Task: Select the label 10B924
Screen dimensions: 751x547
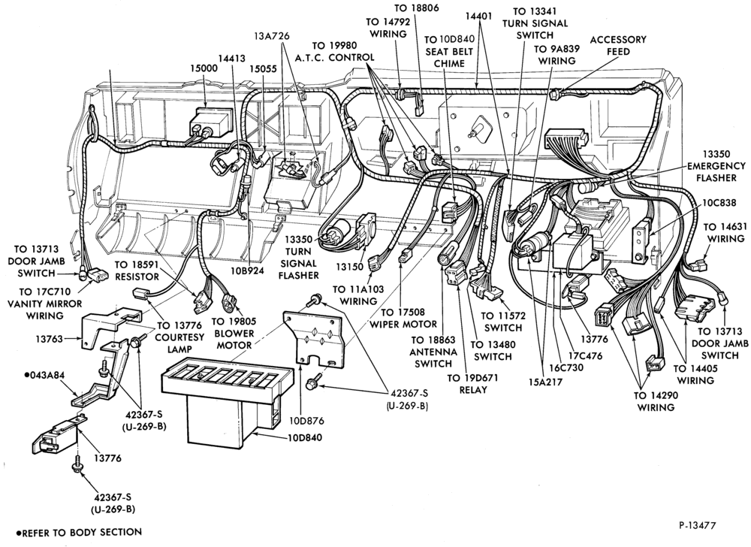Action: pos(249,270)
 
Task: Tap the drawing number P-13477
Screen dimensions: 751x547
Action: pos(698,525)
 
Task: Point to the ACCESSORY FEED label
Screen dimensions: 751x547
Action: pos(618,46)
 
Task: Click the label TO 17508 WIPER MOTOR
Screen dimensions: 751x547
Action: pos(403,318)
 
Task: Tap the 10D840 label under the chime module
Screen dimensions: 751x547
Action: pos(305,438)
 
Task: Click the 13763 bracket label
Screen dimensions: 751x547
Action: pos(49,340)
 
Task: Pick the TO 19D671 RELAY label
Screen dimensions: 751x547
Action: pos(472,384)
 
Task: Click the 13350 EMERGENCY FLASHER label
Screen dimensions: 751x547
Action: pos(716,166)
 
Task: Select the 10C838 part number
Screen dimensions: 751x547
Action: pos(719,203)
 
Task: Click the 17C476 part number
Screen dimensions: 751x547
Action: pos(585,356)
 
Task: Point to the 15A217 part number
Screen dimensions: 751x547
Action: pos(545,382)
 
